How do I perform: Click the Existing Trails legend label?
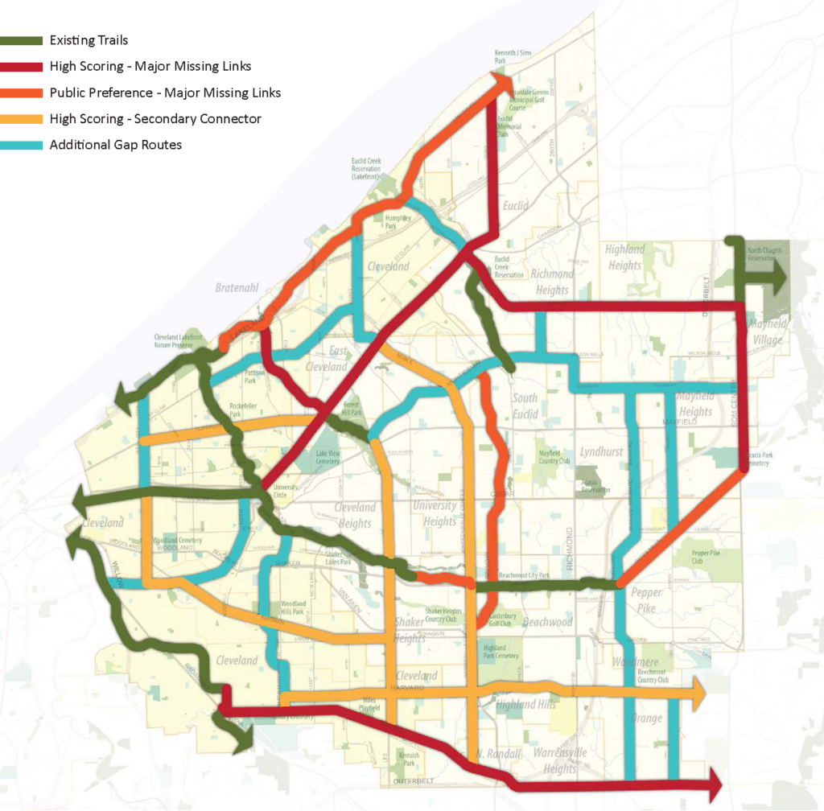(89, 40)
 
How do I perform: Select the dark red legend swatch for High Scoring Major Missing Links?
(22, 67)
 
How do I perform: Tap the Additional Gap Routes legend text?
(115, 145)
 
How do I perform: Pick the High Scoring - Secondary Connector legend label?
(155, 119)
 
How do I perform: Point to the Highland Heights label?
(624, 257)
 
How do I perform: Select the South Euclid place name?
(525, 406)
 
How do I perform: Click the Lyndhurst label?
(601, 452)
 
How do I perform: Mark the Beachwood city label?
(547, 622)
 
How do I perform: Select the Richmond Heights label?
(552, 282)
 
